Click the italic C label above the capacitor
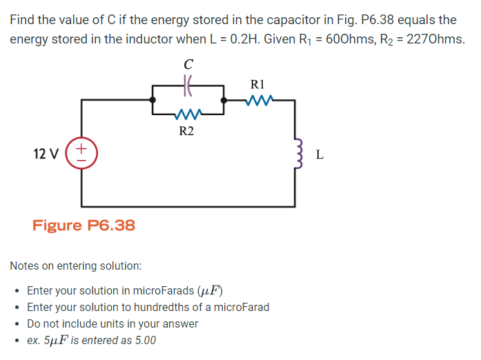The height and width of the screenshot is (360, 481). [x=188, y=64]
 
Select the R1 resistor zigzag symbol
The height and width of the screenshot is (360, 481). [x=260, y=101]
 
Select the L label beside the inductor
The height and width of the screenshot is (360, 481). [x=319, y=154]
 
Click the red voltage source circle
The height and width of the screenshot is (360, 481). [x=81, y=154]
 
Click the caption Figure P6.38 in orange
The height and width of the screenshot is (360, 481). [x=84, y=226]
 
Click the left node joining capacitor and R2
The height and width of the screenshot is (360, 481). [x=153, y=101]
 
